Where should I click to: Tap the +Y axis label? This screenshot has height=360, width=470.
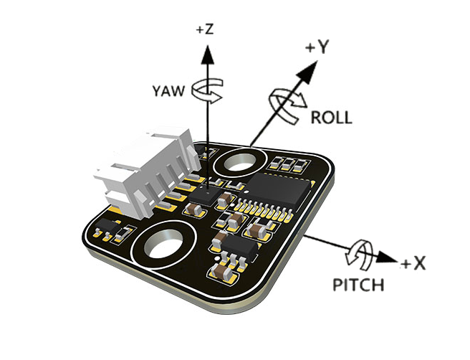316,48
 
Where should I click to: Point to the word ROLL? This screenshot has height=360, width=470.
331,118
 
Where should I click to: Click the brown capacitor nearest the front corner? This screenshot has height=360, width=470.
221,273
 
